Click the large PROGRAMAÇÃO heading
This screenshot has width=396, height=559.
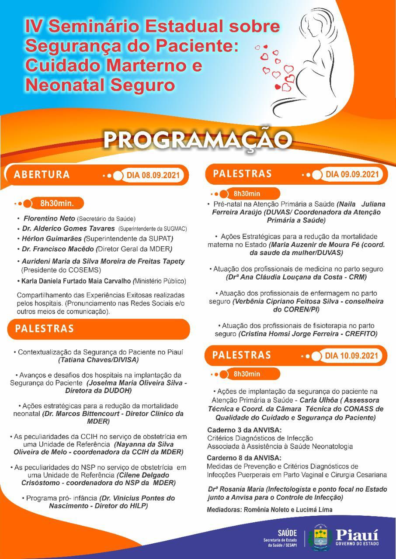pyautogui.click(x=198, y=139)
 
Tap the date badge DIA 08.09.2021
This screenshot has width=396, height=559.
pyautogui.click(x=153, y=176)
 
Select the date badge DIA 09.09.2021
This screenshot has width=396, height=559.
pyautogui.click(x=351, y=174)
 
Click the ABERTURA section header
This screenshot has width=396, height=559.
pyautogui.click(x=42, y=174)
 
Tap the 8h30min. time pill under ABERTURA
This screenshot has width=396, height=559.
pyautogui.click(x=56, y=203)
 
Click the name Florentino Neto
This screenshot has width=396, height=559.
pyautogui.click(x=49, y=218)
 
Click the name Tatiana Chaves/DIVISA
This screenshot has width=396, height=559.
pyautogui.click(x=98, y=360)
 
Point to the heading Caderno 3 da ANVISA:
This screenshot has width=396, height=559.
pyautogui.click(x=244, y=430)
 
